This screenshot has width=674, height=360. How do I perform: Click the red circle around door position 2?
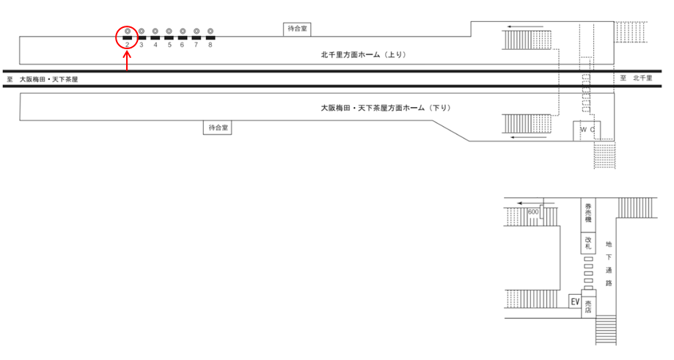pyautogui.click(x=127, y=36)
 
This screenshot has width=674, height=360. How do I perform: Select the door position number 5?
pyautogui.click(x=169, y=45)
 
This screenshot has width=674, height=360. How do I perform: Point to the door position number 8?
pyautogui.click(x=210, y=45)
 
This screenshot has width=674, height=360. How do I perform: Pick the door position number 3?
pyautogui.click(x=141, y=45)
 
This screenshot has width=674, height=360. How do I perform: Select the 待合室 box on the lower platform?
pyautogui.click(x=218, y=128)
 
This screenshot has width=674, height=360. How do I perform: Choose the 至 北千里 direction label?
pyautogui.click(x=637, y=78)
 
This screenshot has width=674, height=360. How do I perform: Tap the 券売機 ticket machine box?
pyautogui.click(x=588, y=213)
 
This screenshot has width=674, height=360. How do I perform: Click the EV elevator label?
pyautogui.click(x=575, y=301)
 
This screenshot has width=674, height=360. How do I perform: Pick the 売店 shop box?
pyautogui.click(x=588, y=306)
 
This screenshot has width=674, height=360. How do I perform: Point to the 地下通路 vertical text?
pyautogui.click(x=609, y=264)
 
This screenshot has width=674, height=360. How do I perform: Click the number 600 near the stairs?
pyautogui.click(x=533, y=212)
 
